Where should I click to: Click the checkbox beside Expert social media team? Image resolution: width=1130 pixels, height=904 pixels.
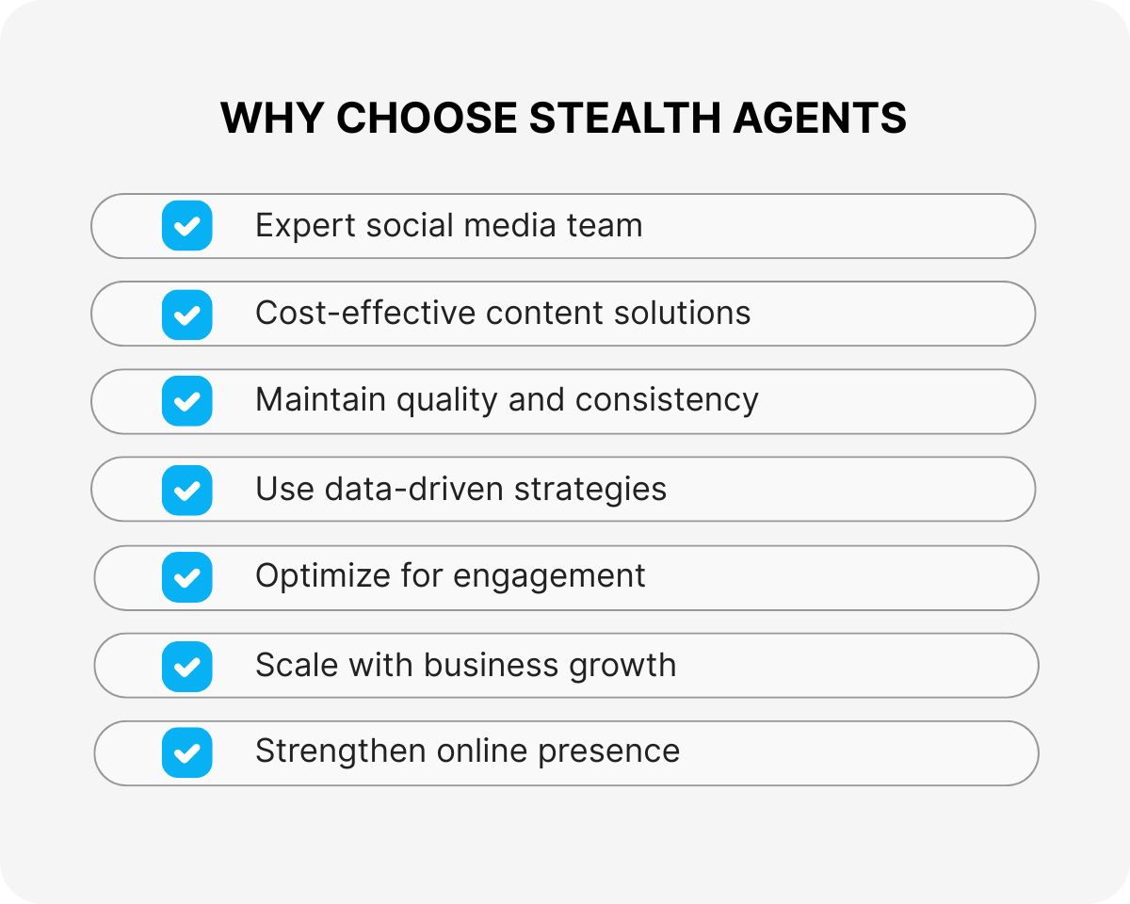coord(186,226)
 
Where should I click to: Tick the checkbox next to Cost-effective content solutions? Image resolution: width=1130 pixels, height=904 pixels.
coord(186,314)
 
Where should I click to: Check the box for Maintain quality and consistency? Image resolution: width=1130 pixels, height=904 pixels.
coord(186,401)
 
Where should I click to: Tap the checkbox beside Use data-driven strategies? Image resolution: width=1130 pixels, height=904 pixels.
coord(186,490)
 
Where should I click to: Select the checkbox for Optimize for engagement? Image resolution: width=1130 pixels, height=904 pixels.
coord(186,577)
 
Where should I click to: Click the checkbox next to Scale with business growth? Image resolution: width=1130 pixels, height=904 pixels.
coord(186,666)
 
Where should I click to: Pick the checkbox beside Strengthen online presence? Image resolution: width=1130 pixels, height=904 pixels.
coord(186,753)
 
